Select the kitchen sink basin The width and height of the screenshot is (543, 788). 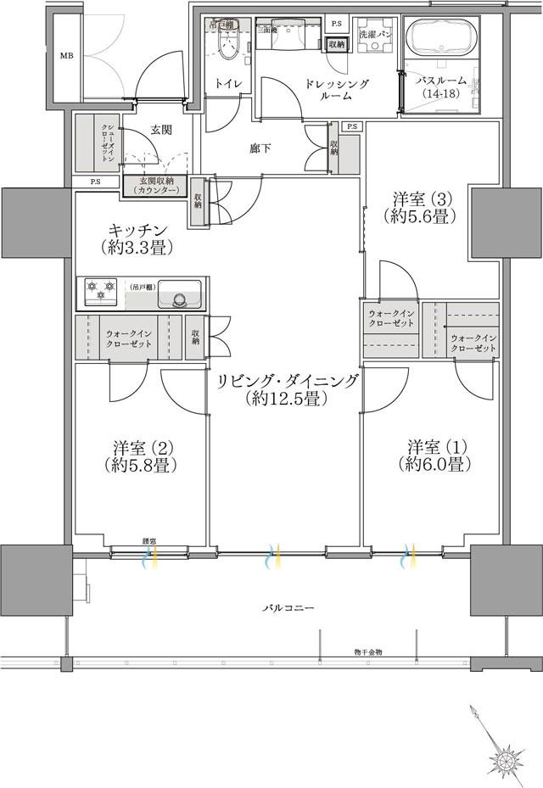[x=179, y=295]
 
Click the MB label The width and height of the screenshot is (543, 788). [x=65, y=57]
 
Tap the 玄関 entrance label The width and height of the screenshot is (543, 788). [x=162, y=130]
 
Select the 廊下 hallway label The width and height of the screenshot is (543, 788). [x=260, y=148]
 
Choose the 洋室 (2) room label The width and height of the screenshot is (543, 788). [x=141, y=455]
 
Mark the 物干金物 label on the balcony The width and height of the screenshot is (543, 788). [x=368, y=651]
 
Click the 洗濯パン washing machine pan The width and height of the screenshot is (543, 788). [x=374, y=40]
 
